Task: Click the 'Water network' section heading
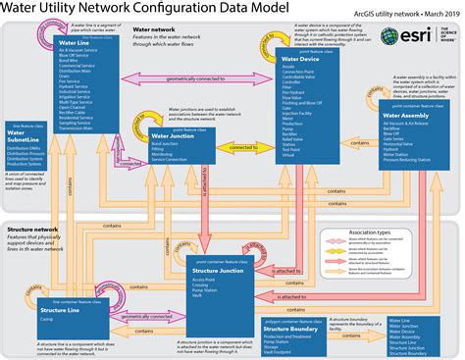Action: pos(154,30)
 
